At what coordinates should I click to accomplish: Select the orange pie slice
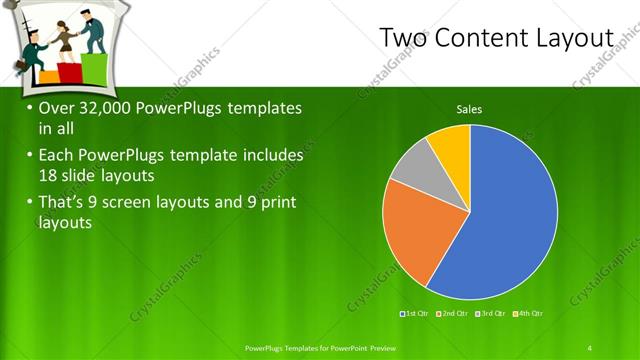point(415,235)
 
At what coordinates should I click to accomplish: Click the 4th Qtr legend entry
point(529,314)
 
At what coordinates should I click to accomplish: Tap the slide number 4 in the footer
point(589,347)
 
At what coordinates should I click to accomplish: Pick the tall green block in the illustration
point(94,68)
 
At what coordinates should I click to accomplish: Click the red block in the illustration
point(69,72)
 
